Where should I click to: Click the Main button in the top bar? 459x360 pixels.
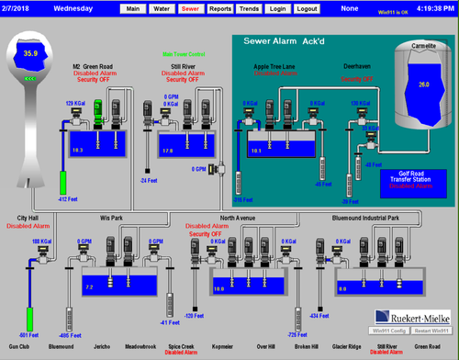pos(133,8)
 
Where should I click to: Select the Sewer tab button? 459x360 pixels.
pos(190,8)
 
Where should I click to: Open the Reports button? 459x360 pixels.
pos(219,8)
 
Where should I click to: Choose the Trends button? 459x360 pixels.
pos(248,8)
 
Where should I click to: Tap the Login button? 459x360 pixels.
pos(277,8)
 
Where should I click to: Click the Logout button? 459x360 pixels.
pos(307,8)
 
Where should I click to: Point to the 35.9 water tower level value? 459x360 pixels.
pos(30,54)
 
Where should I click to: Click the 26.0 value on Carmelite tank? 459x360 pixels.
pos(422,84)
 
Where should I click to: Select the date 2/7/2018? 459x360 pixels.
pos(17,8)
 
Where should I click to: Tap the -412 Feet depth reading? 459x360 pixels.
pos(66,198)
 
